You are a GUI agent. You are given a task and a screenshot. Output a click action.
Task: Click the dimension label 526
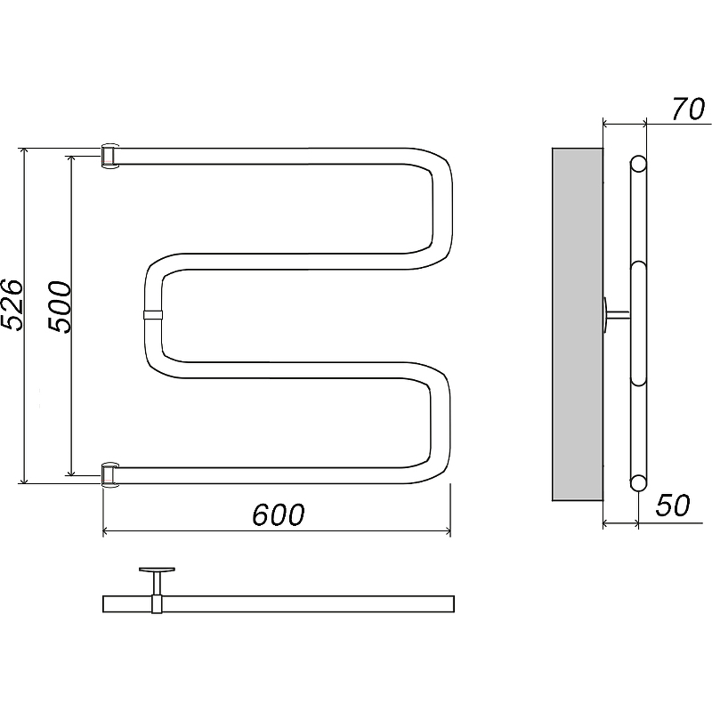[12, 304]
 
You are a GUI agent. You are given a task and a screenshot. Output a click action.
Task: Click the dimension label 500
[61, 307]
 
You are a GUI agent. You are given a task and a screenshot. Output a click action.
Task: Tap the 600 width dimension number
[278, 514]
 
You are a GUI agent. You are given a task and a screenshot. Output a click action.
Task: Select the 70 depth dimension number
[688, 109]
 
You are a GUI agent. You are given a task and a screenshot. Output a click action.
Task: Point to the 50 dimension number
[673, 505]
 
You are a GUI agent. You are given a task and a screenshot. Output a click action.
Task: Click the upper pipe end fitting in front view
[109, 157]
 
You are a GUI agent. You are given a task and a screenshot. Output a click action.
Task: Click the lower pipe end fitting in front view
[109, 475]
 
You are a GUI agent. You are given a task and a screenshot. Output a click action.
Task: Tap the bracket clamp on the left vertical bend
[153, 315]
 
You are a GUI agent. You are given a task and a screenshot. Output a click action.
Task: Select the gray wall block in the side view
[578, 324]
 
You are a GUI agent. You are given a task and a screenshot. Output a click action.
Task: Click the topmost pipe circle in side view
[638, 164]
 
